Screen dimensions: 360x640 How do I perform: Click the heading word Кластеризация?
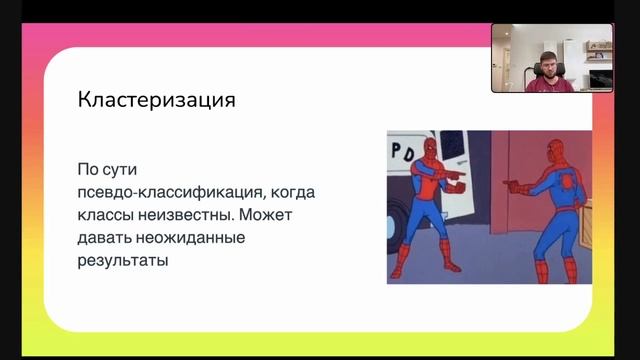pos(157,100)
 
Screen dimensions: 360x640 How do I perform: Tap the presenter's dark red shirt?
pos(550,85)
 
